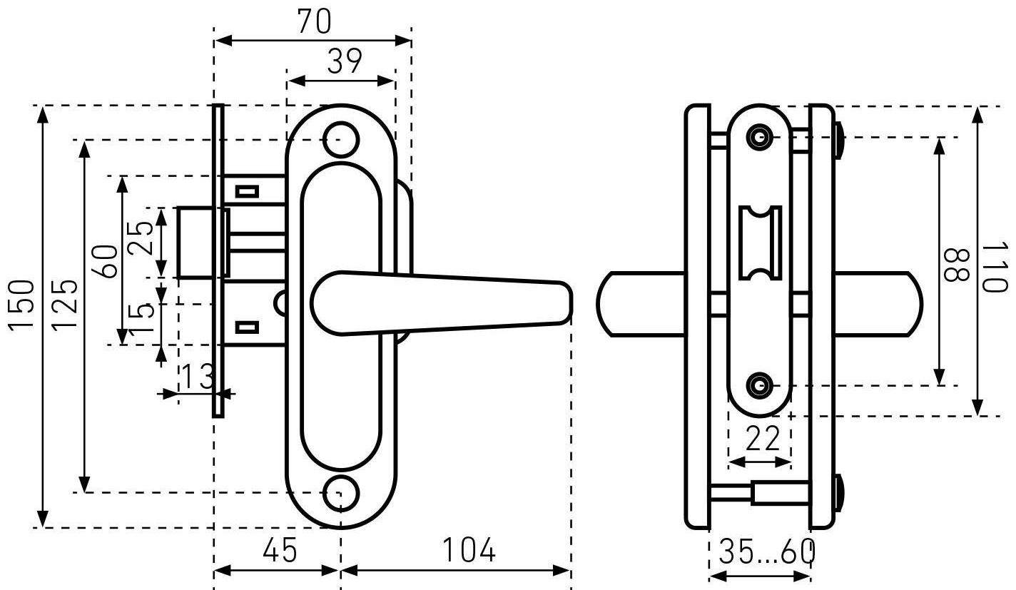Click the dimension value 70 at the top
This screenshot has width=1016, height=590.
pyautogui.click(x=315, y=21)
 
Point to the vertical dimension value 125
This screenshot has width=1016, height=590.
pyautogui.click(x=64, y=305)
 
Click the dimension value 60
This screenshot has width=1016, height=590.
pyautogui.click(x=104, y=261)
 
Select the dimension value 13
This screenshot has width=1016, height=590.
pyautogui.click(x=198, y=376)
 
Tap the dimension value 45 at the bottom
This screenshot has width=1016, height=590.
pyautogui.click(x=280, y=549)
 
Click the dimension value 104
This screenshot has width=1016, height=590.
pyautogui.click(x=469, y=549)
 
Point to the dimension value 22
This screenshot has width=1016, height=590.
pyautogui.click(x=763, y=437)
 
